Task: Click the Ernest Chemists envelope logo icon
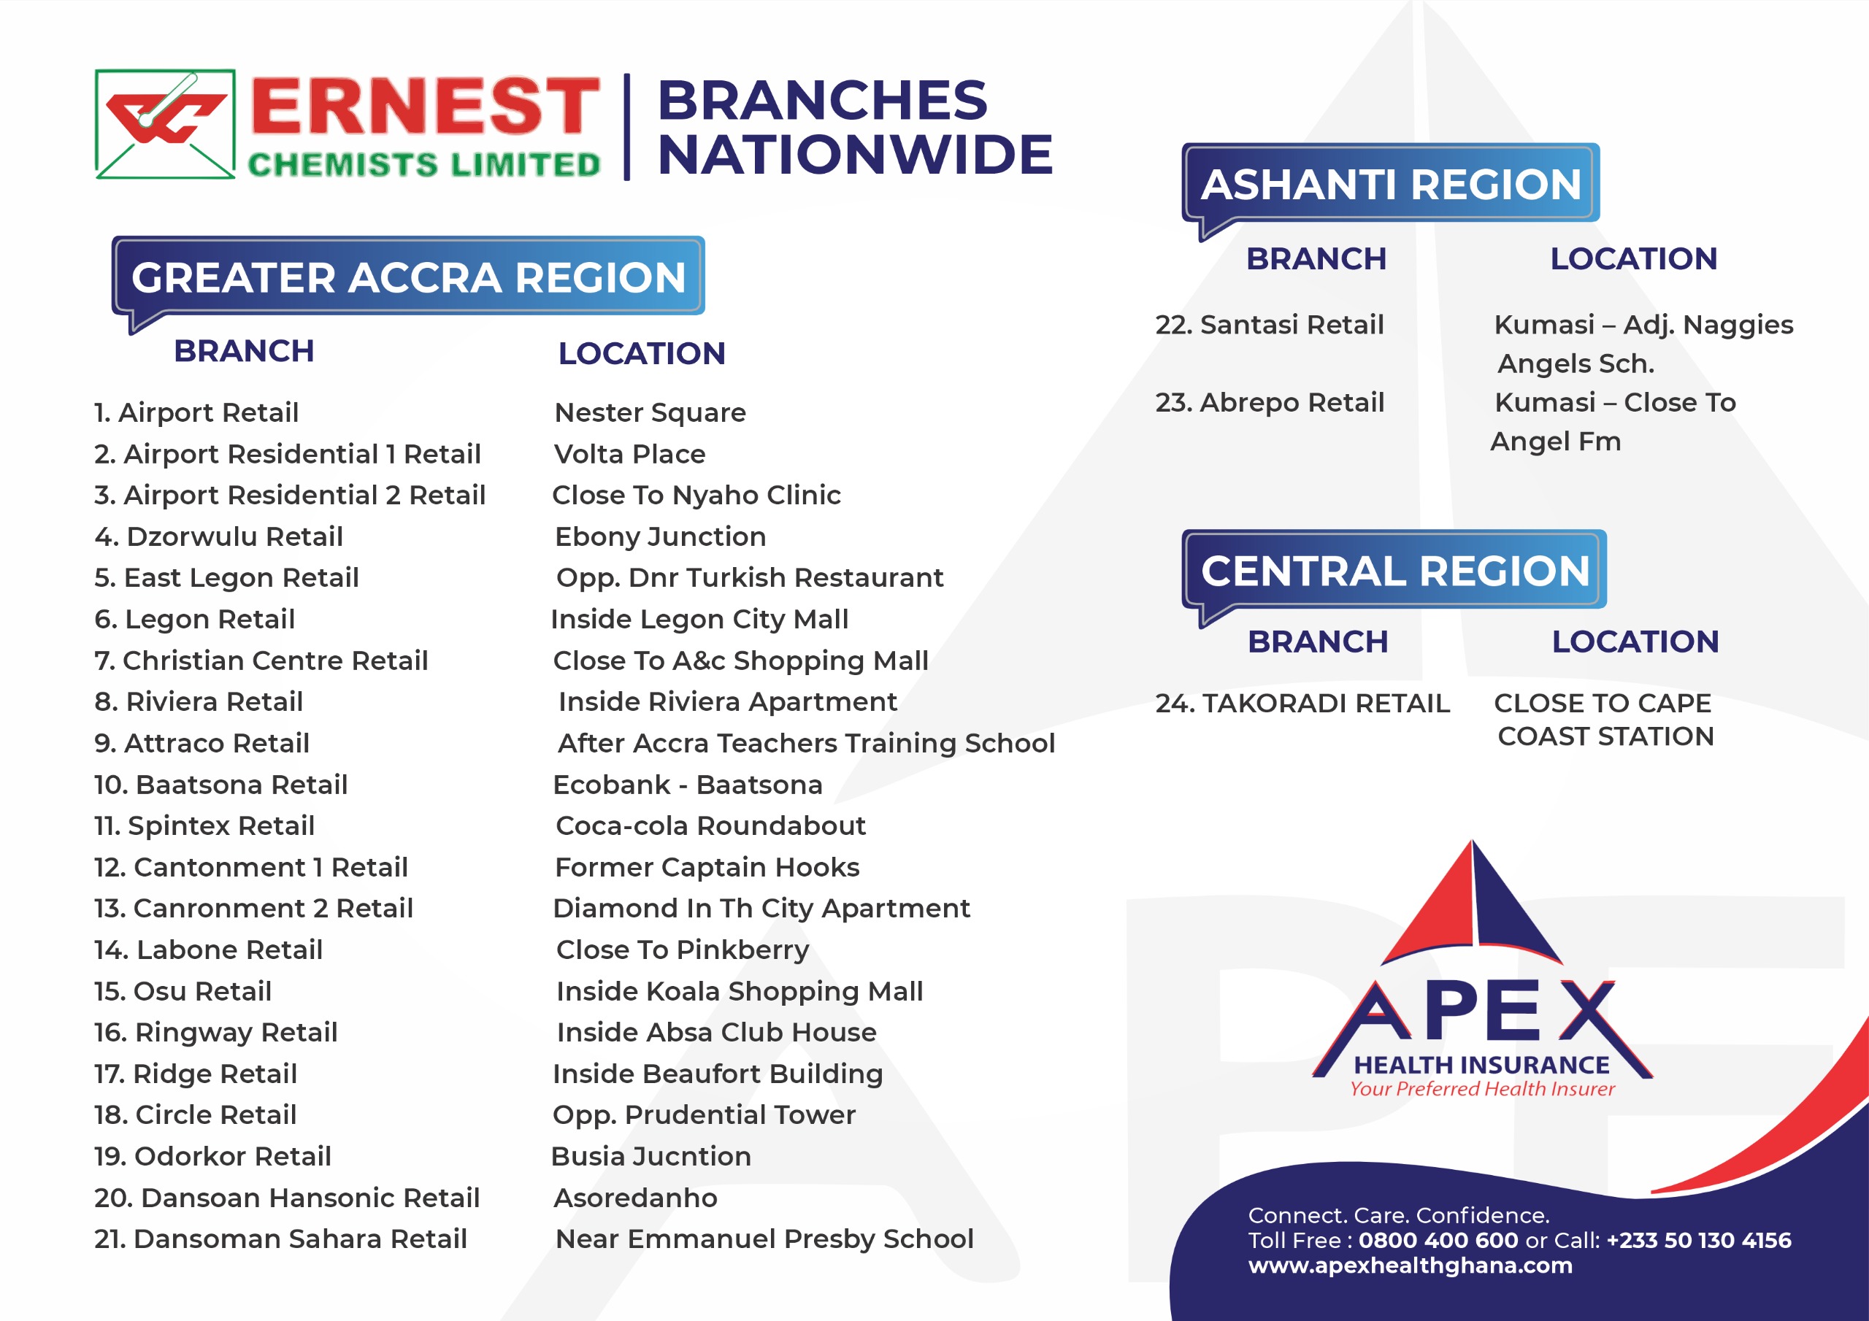tap(165, 124)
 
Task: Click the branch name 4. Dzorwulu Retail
tap(218, 536)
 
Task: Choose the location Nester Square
tap(650, 412)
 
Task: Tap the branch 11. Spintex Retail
tap(204, 826)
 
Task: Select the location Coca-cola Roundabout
tap(710, 825)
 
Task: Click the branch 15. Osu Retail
tap(183, 991)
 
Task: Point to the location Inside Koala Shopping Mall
tap(739, 991)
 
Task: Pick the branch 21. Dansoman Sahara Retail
tap(281, 1239)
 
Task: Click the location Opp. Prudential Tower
tap(704, 1115)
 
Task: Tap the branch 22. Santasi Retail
tap(1269, 325)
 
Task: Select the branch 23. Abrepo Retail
tap(1269, 402)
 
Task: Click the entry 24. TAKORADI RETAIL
tap(1302, 704)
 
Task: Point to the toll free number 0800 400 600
tap(1438, 1241)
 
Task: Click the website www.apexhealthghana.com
tap(1410, 1266)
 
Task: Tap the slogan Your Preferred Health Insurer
tap(1482, 1089)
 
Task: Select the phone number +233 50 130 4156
tap(1699, 1241)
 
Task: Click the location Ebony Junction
tap(660, 536)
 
